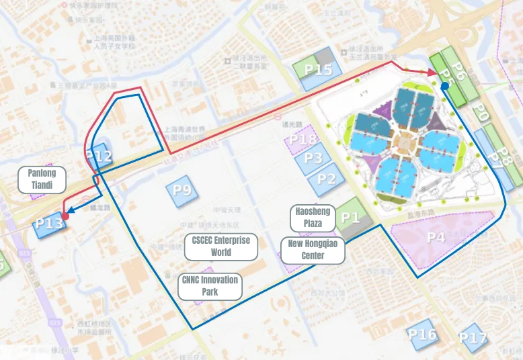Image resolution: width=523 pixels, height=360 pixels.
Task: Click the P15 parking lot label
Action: point(318,69)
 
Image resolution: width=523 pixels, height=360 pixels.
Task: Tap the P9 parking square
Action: point(182,189)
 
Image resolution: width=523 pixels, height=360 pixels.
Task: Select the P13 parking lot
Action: point(49,223)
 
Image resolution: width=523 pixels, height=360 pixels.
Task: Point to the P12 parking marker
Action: point(98,156)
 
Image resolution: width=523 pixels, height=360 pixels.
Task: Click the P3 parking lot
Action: point(313,158)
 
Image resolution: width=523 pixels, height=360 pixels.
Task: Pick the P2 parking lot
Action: point(326,179)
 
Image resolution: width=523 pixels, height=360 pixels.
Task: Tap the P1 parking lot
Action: point(350,217)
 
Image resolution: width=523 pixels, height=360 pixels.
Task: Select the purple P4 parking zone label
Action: point(436,236)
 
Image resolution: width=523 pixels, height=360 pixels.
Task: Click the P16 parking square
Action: point(422,334)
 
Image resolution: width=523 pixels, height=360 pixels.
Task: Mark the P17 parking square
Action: point(473,338)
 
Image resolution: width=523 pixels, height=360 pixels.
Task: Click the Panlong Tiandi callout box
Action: point(42,179)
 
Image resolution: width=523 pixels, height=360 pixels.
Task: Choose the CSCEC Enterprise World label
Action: point(220,246)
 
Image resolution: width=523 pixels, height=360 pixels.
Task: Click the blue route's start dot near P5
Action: point(445,86)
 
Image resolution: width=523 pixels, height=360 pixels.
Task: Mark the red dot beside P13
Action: point(65,217)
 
